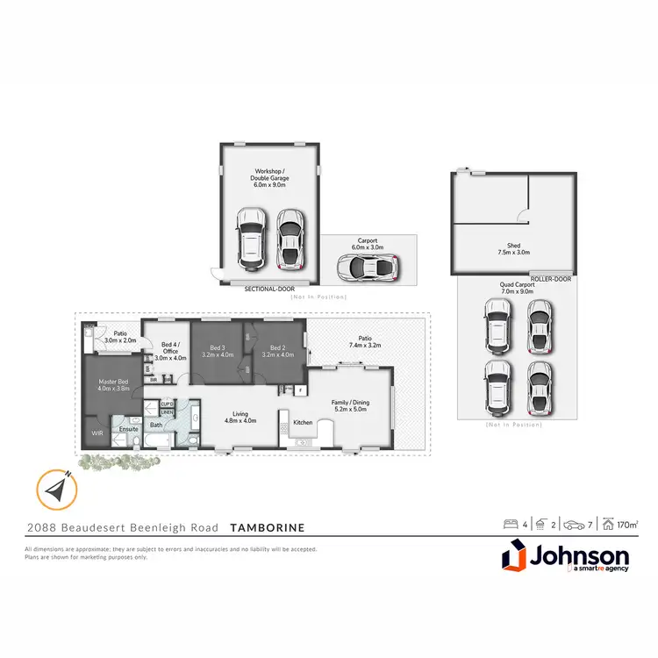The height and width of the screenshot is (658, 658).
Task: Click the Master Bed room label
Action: [x=114, y=383]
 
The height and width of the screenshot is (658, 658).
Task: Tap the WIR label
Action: [x=97, y=433]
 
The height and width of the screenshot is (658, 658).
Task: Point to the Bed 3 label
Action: [x=218, y=350]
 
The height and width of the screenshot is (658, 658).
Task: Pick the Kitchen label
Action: [x=303, y=423]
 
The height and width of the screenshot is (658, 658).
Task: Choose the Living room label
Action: [x=240, y=418]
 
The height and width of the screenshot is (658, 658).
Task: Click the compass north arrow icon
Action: [x=55, y=488]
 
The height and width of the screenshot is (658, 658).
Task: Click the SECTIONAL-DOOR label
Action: [x=269, y=288]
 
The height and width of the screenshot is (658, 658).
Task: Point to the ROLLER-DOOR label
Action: [x=551, y=279]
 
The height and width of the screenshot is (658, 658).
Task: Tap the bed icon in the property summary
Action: [x=509, y=526]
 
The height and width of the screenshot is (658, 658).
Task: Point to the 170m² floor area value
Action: [x=626, y=526]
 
